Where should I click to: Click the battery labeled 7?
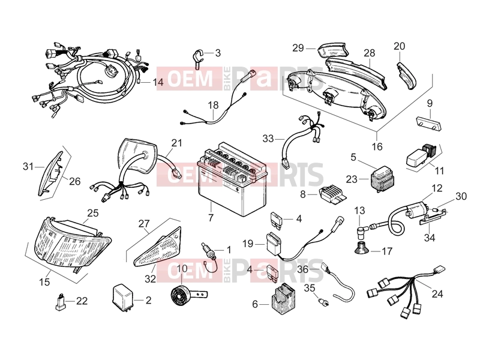pyautogui.click(x=232, y=177)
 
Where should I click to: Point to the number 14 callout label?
pyautogui.click(x=158, y=82)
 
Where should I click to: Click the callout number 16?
pyautogui.click(x=377, y=146)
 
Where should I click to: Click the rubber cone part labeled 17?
pyautogui.click(x=362, y=248)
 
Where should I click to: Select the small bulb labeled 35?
pyautogui.click(x=323, y=302)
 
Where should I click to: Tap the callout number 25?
pyautogui.click(x=93, y=213)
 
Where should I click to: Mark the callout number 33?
pyautogui.click(x=268, y=139)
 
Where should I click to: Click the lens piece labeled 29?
pyautogui.click(x=333, y=50)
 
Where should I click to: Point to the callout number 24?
pyautogui.click(x=437, y=294)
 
